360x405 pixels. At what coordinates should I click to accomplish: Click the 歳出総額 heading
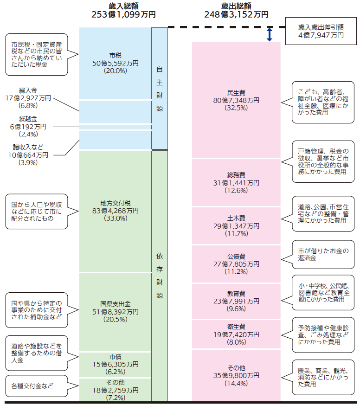pyautogui.click(x=236, y=6)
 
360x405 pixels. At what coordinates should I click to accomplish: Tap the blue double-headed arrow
pyautogui.click(x=269, y=34)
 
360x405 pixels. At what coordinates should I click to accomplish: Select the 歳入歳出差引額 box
pyautogui.click(x=321, y=31)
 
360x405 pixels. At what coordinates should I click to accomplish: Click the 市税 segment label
pyautogui.click(x=115, y=55)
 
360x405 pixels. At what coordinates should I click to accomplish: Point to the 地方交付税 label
pyautogui.click(x=115, y=203)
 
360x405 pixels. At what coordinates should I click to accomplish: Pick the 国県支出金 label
pyautogui.click(x=115, y=303)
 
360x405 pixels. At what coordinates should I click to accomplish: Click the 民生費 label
pyautogui.click(x=236, y=92)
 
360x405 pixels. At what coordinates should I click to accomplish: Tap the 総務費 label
pyautogui.click(x=236, y=174)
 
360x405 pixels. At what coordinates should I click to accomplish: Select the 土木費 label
pyautogui.click(x=236, y=218)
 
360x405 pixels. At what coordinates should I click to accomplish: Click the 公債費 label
pyautogui.click(x=236, y=256)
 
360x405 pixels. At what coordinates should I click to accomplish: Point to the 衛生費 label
pyautogui.click(x=236, y=327)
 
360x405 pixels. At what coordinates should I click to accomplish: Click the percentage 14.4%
pyautogui.click(x=236, y=383)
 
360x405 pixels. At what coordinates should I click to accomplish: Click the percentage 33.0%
pyautogui.click(x=115, y=219)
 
